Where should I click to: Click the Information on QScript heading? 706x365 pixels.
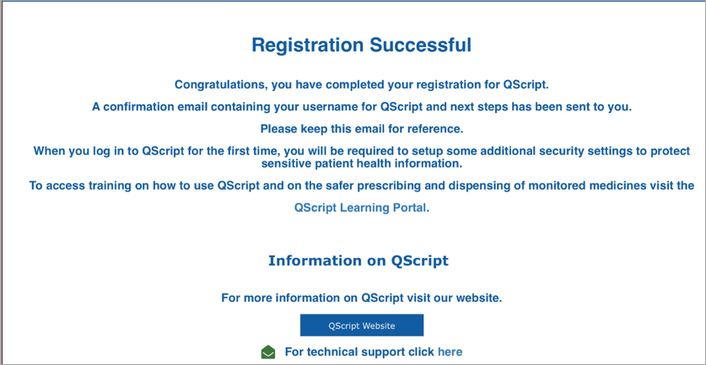pos(358,260)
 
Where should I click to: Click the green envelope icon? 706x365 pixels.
pos(268,352)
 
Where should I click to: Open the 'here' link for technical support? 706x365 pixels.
pos(450,352)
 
